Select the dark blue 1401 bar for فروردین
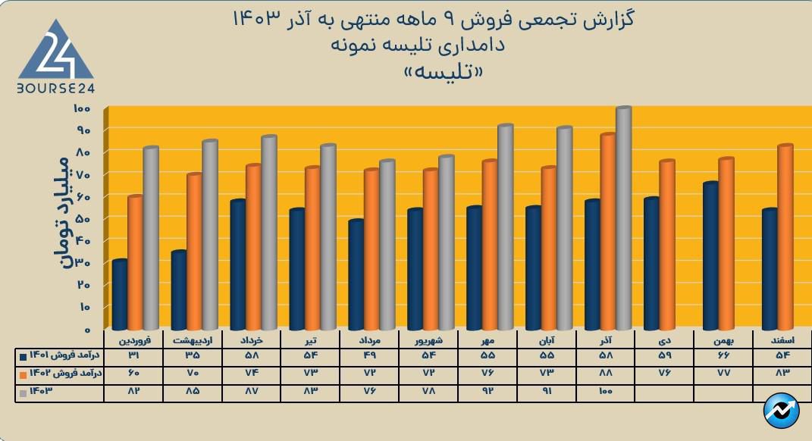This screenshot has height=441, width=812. click(x=119, y=295)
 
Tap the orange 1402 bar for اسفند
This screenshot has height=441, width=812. click(x=785, y=237)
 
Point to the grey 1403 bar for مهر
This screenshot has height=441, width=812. click(x=505, y=227)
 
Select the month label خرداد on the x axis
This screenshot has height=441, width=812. click(x=251, y=342)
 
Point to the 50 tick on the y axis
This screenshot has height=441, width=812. click(x=83, y=219)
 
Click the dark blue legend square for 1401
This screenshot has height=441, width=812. click(x=24, y=356)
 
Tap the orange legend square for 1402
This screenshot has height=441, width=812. click(x=24, y=374)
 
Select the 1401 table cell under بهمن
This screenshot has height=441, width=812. click(x=723, y=356)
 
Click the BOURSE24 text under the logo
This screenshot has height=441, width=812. click(x=55, y=89)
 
